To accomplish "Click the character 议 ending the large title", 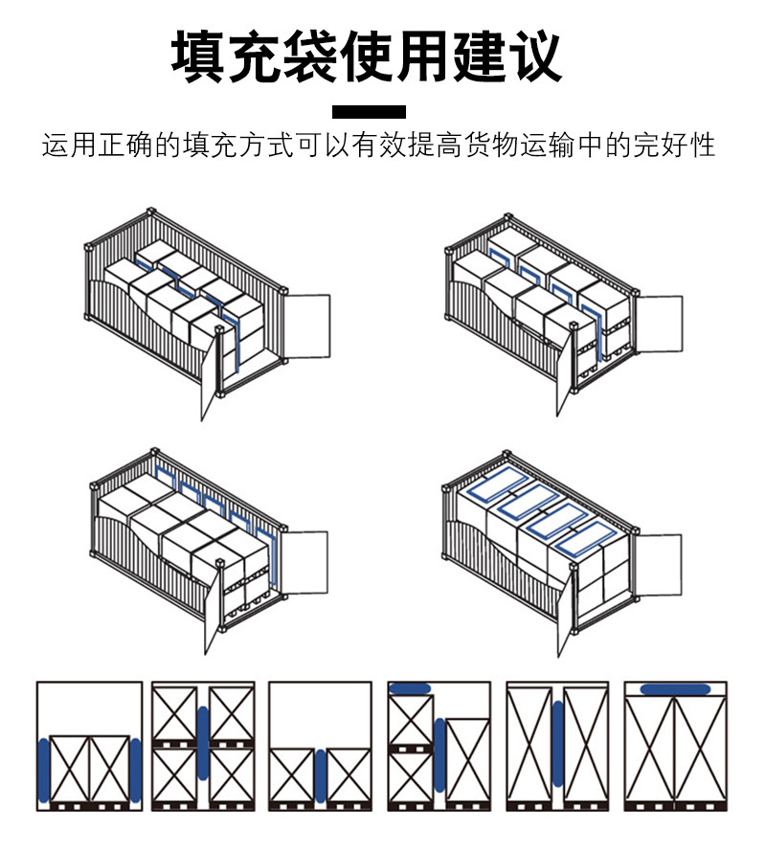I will (532, 56).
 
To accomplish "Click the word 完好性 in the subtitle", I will (681, 146).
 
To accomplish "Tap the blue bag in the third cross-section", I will (321, 776).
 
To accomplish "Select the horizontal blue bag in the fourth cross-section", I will (411, 688).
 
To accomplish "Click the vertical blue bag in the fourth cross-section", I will (439, 754).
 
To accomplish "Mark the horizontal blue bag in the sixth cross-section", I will (675, 688).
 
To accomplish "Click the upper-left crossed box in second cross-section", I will (175, 713).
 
